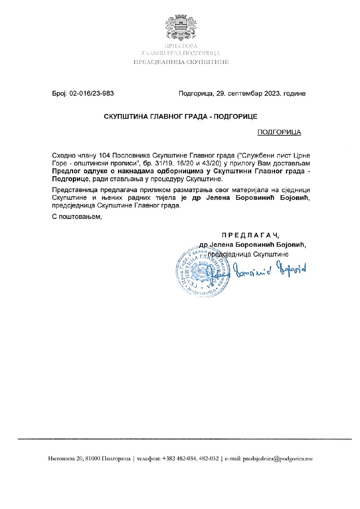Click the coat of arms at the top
[181, 27]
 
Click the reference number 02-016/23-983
[91, 93]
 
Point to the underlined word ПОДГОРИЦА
[279, 132]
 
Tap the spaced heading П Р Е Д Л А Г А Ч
[251, 235]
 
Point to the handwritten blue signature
[269, 269]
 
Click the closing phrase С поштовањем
[77, 216]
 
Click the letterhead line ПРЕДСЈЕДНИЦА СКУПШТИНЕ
[181, 62]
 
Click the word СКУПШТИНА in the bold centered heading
[126, 117]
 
